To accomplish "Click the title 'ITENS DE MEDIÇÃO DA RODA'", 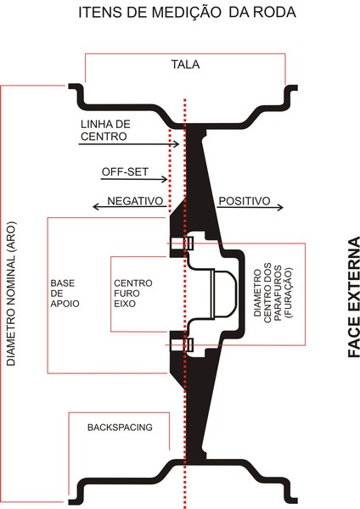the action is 187,13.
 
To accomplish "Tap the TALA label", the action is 186,64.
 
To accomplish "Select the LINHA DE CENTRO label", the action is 105,130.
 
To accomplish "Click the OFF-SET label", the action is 125,171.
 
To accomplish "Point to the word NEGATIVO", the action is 135,201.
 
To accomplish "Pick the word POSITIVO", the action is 245,201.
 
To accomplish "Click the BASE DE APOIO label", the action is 65,294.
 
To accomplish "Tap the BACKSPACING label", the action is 120,428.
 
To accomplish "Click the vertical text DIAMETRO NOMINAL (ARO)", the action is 11,294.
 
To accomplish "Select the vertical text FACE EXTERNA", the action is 354,297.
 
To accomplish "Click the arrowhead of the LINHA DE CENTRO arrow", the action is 177,144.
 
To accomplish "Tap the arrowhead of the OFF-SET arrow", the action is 165,179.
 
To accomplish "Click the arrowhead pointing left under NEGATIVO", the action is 96,206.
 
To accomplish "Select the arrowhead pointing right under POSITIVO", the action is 280,207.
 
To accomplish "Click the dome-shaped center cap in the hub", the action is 223,294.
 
